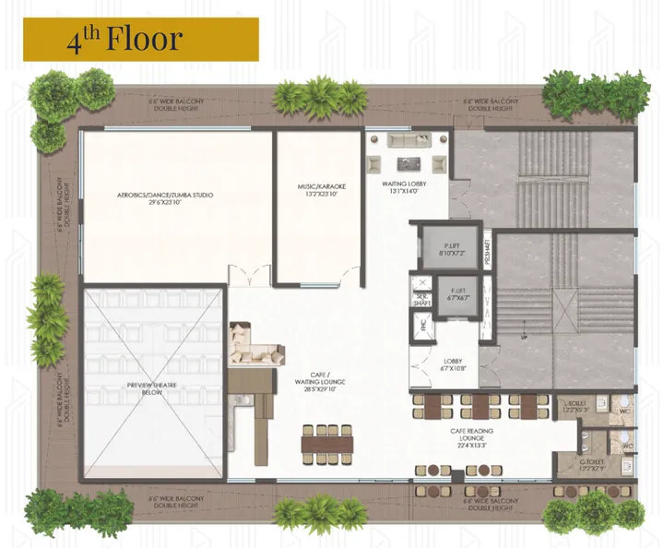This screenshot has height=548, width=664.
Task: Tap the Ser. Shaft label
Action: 422,298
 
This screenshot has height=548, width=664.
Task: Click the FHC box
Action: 422,325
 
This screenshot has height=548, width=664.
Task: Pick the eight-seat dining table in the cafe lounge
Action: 327,442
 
